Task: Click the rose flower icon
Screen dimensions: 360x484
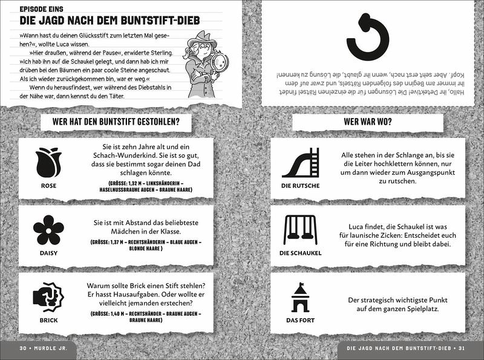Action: [48, 163]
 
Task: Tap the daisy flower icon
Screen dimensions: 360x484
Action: [48, 230]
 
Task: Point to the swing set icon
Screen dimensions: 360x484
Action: [300, 230]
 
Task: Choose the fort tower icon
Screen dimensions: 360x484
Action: [300, 298]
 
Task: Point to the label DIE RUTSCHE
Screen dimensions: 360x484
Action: [300, 185]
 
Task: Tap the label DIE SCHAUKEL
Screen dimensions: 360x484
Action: [300, 253]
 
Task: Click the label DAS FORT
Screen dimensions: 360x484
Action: [300, 320]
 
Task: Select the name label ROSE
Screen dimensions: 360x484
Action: [48, 185]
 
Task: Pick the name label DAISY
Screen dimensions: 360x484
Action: [48, 253]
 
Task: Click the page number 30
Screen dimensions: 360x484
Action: [24, 349]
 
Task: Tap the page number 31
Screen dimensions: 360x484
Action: [460, 349]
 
